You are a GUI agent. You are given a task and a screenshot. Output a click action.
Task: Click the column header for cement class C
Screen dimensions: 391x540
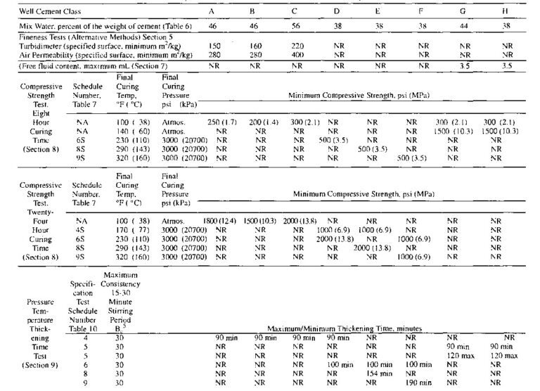coord(293,12)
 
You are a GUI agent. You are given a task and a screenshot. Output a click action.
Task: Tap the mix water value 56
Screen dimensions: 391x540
coord(293,25)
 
